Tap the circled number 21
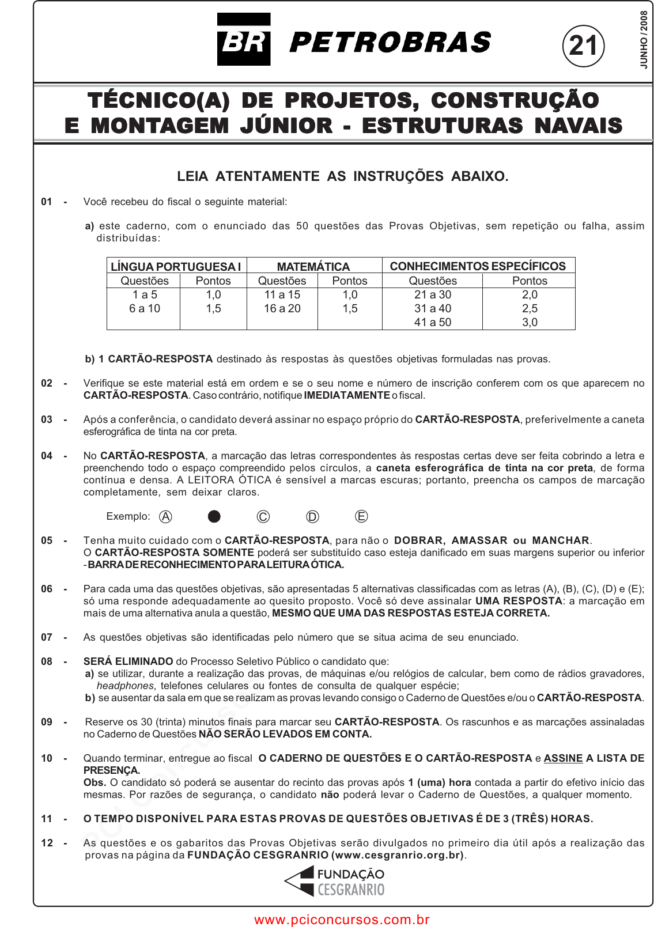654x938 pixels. tap(583, 46)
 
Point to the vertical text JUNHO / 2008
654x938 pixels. tap(644, 39)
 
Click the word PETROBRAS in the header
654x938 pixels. tap(390, 43)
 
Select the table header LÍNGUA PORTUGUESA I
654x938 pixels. tap(176, 266)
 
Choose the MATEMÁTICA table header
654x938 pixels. tap(313, 266)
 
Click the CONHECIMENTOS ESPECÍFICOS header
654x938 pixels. tap(478, 266)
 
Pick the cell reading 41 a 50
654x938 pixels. tap(433, 322)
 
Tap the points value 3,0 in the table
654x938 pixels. tap(530, 322)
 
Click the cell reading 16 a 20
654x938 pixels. tap(282, 308)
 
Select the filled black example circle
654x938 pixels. tap(214, 516)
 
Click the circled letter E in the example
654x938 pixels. tap(361, 516)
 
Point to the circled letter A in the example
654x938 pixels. tap(165, 516)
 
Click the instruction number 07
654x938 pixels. tap(47, 637)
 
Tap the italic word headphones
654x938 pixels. tap(125, 686)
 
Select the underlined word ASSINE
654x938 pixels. tap(563, 758)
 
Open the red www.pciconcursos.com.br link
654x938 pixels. tap(342, 920)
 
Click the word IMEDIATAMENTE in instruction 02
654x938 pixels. tap(347, 395)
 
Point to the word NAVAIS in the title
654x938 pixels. tap(578, 125)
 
